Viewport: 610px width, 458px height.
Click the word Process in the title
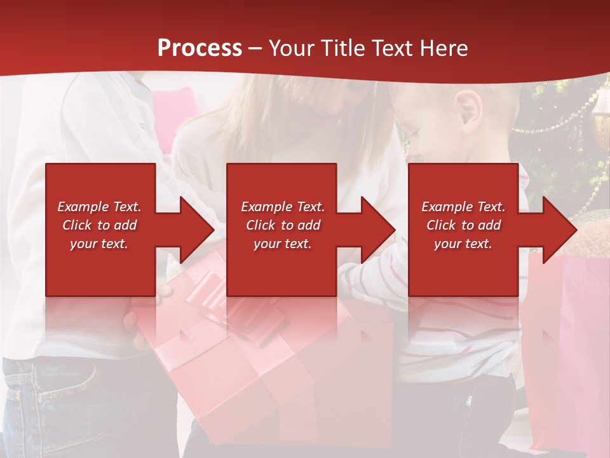pos(200,48)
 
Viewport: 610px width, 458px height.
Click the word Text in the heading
pos(391,48)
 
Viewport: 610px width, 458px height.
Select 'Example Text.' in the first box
pos(99,207)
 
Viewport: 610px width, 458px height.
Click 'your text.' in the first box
pos(99,244)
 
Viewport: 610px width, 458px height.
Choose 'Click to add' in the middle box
pos(283,225)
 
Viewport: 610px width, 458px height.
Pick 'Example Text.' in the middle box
pos(283,207)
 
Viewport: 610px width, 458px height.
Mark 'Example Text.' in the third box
pos(463,207)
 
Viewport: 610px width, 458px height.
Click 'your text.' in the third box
pos(463,244)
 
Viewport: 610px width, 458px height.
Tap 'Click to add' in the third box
pos(463,225)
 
